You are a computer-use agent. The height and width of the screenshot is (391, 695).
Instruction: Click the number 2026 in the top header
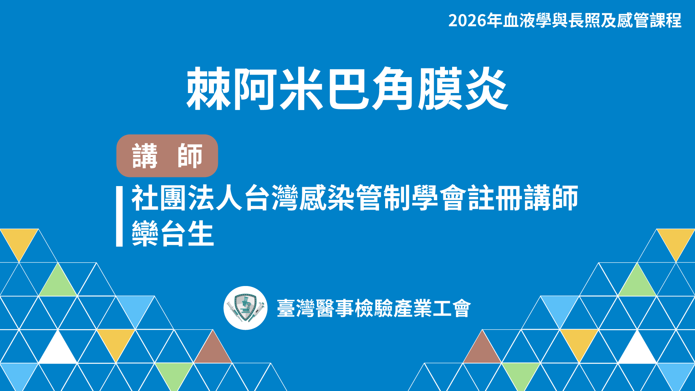pyautogui.click(x=467, y=21)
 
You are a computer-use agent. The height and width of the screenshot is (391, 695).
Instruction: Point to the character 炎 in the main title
pyautogui.click(x=486, y=89)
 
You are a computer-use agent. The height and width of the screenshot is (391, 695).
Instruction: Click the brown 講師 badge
pyautogui.click(x=167, y=156)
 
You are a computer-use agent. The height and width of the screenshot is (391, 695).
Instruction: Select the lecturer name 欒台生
pyautogui.click(x=173, y=234)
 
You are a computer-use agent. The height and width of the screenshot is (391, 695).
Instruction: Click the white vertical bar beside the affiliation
pyautogui.click(x=119, y=216)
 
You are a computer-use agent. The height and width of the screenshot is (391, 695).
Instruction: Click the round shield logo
pyautogui.click(x=245, y=308)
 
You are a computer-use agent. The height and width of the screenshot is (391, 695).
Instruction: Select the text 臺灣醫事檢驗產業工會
pyautogui.click(x=374, y=308)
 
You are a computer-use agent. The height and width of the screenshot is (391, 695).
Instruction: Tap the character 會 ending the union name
pyautogui.click(x=462, y=308)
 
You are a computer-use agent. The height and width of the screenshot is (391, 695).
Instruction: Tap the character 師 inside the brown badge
pyautogui.click(x=190, y=156)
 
